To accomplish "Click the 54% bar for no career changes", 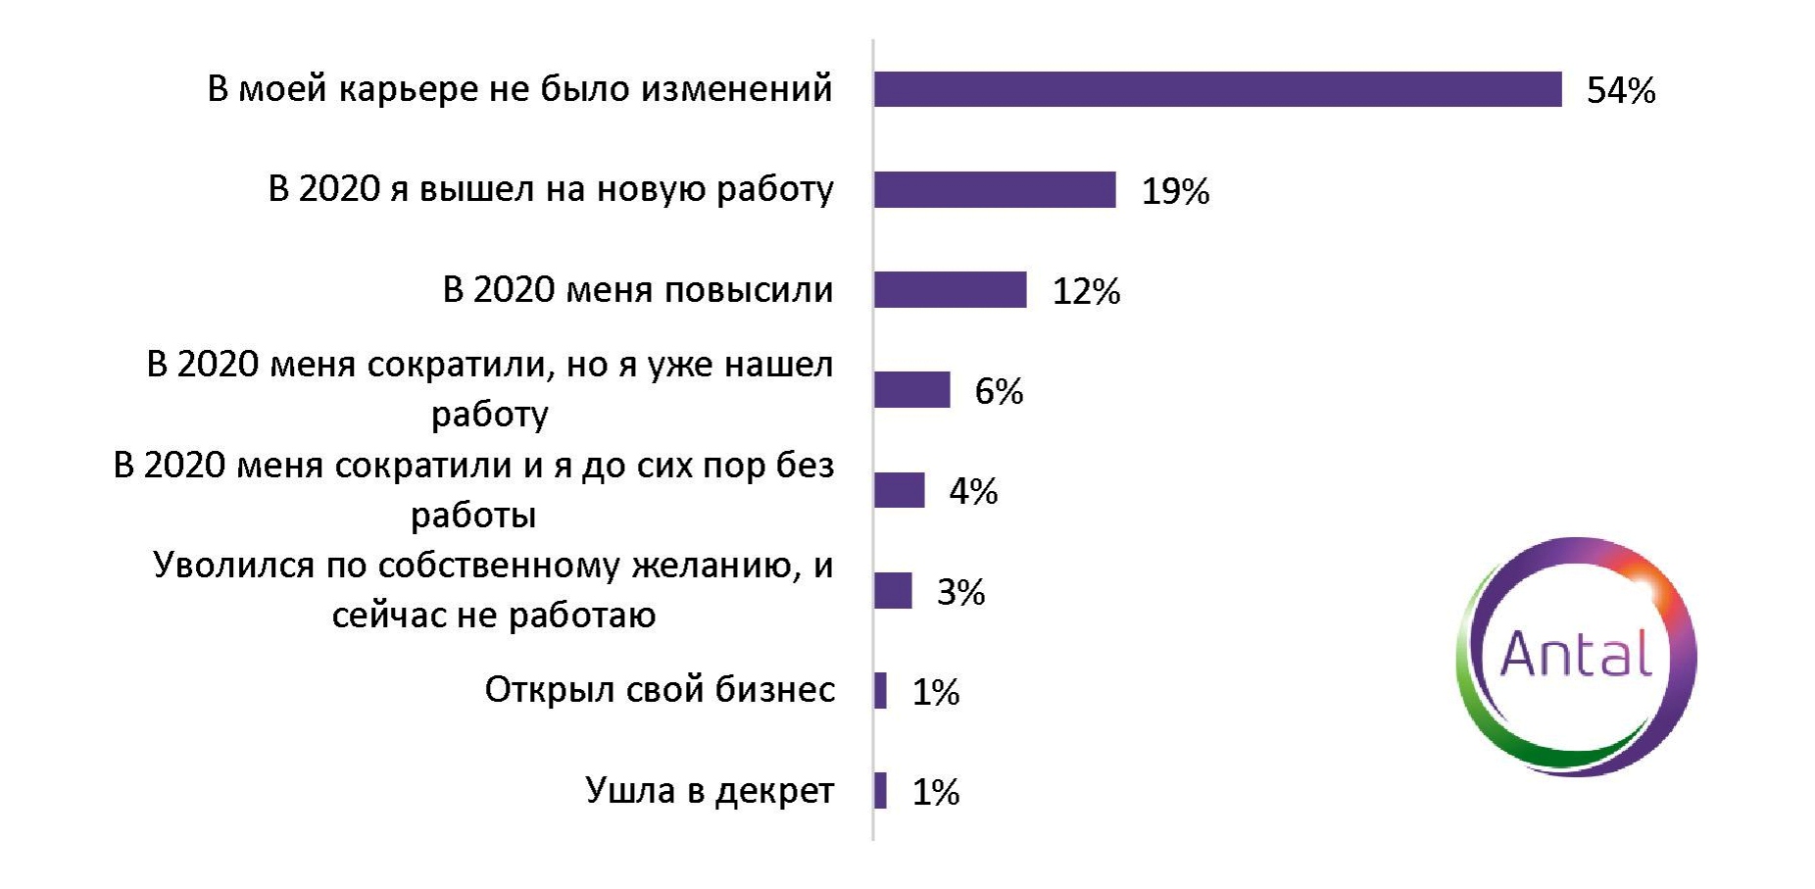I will pos(1217,89).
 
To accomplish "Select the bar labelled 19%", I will pos(995,189).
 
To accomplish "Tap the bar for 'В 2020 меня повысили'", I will pos(950,290).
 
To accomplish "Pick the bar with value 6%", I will pos(911,390).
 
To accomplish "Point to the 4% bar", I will pos(899,490).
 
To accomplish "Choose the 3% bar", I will pos(893,591).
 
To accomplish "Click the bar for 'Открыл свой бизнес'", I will pos(881,691).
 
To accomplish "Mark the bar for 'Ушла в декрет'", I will pos(881,791).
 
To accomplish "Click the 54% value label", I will pos(1621,91).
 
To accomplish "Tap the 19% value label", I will pos(1175,191).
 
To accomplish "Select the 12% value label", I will pos(1086,292).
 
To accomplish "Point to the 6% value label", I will pos(999,392).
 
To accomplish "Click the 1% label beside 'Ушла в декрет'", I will pos(935,793).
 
